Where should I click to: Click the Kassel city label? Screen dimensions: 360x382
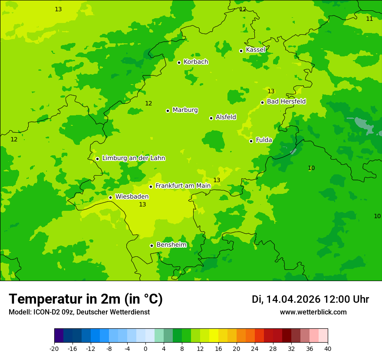(x=255, y=50)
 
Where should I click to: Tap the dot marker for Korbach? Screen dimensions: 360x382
(x=179, y=62)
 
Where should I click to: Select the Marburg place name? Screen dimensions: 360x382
(x=185, y=110)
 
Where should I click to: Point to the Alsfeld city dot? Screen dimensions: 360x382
(x=211, y=118)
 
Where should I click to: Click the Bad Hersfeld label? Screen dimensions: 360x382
(x=286, y=101)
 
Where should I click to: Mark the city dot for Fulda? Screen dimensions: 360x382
(x=251, y=141)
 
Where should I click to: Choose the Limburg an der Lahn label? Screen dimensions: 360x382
(x=133, y=158)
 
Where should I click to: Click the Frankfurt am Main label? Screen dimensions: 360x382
(x=183, y=186)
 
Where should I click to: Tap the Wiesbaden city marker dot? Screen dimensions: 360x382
(x=110, y=197)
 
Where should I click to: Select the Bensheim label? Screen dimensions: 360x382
(x=171, y=245)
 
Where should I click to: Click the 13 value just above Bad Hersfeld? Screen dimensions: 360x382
(x=271, y=92)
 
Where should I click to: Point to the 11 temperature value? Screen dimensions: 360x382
(x=369, y=19)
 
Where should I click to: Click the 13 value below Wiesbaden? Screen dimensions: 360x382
(x=142, y=205)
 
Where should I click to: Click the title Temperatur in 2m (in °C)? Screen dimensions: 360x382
(x=86, y=299)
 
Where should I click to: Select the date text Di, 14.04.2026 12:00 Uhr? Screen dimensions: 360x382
(x=310, y=299)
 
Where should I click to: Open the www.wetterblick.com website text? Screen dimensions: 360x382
(x=313, y=312)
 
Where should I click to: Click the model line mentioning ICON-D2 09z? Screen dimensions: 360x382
(x=79, y=312)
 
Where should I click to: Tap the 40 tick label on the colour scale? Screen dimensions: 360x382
(x=328, y=349)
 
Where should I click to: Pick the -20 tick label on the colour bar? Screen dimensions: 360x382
(x=54, y=349)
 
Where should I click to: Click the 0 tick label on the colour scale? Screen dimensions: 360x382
(x=145, y=349)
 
